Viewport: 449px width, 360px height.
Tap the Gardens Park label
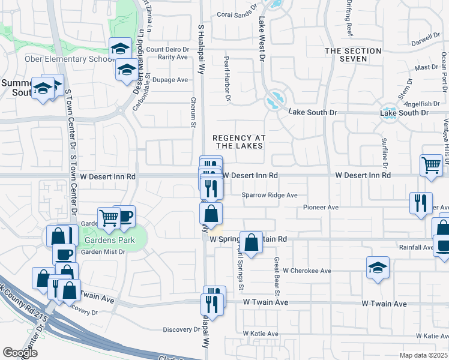[108, 241]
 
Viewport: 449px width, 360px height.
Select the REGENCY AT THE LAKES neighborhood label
[238, 142]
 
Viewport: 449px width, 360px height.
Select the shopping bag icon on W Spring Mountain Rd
[252, 242]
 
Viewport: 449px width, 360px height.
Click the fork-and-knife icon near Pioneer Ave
[421, 202]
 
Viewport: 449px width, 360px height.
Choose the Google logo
[20, 353]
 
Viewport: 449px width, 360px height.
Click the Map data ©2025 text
[423, 355]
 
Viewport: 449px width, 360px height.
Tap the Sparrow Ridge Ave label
[270, 195]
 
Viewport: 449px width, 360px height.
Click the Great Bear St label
[277, 277]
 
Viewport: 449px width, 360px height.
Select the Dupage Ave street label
[170, 80]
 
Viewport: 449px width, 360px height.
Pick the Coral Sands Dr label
[237, 14]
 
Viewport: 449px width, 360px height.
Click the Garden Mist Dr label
[103, 252]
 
